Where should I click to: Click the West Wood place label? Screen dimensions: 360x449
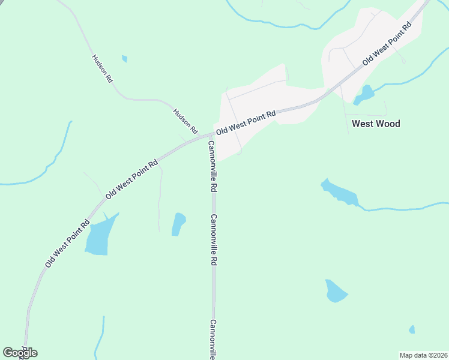point(375,124)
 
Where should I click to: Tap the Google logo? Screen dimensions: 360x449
point(20,353)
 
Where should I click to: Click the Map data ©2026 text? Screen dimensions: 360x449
point(423,355)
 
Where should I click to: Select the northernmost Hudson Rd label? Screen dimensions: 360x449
point(102,68)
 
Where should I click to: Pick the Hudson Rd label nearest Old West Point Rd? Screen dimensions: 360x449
point(185,121)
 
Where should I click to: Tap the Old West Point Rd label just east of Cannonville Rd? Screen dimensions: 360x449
point(246,121)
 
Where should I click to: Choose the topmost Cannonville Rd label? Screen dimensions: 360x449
point(212,166)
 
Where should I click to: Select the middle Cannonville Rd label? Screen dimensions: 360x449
point(212,240)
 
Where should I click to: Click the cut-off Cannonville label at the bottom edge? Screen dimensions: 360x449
point(212,339)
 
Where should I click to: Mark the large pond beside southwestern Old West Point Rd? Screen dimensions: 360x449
point(99,236)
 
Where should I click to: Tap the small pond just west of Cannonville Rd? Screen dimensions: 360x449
point(178,224)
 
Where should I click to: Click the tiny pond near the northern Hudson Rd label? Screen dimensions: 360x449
point(124,59)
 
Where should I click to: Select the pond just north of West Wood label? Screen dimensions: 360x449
point(364,94)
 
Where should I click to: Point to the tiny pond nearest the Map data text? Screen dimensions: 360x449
point(412,329)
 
